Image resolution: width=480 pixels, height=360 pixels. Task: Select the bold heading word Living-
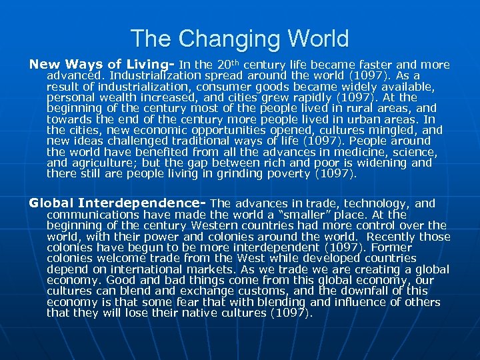(x=150, y=65)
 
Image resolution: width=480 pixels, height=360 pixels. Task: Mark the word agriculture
(x=108, y=163)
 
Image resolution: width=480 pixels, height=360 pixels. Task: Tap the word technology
(x=379, y=203)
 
